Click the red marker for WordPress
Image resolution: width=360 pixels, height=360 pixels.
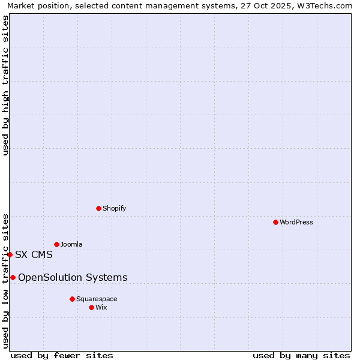[275, 222]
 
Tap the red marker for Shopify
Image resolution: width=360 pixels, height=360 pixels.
[98, 208]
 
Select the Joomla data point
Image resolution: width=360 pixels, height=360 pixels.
[56, 244]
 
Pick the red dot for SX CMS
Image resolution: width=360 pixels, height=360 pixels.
[10, 254]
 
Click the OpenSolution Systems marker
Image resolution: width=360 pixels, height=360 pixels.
[13, 277]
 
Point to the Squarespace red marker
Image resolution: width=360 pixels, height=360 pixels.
[72, 299]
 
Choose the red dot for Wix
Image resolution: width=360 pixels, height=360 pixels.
[91, 307]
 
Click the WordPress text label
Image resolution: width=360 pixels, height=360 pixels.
[296, 222]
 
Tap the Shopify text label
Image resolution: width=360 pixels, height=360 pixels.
[115, 208]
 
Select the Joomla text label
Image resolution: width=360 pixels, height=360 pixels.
[71, 244]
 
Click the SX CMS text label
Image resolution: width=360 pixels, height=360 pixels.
[34, 254]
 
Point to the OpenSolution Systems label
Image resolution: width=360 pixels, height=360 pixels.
[73, 277]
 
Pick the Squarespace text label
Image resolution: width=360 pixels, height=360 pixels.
[97, 299]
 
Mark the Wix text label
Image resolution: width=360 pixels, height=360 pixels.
[101, 307]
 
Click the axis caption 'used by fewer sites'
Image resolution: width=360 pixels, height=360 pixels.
[62, 355]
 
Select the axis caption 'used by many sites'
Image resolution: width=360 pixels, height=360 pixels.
[301, 355]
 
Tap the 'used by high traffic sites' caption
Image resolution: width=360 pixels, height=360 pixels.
[5, 86]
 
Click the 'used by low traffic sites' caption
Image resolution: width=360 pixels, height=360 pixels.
[5, 281]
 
